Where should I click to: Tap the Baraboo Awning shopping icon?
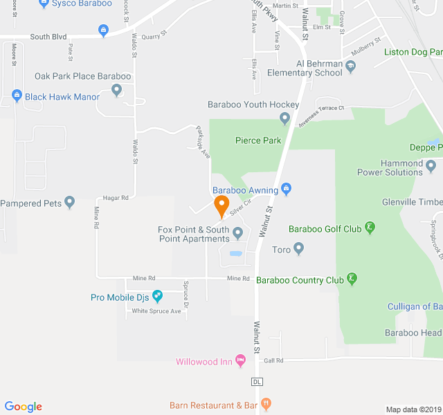click(x=287, y=189)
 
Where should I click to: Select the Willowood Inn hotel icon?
click(x=240, y=361)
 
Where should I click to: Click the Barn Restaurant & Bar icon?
click(x=266, y=405)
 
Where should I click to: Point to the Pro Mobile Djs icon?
click(x=157, y=297)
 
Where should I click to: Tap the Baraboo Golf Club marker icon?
click(x=370, y=228)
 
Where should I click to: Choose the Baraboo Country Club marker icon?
click(x=352, y=279)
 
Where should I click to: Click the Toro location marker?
click(x=298, y=248)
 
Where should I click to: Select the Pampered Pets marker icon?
click(x=69, y=203)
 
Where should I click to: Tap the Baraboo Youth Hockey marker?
click(x=284, y=118)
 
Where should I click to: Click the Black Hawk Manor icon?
click(x=17, y=96)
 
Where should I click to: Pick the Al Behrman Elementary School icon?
click(x=350, y=67)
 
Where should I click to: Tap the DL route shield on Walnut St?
click(x=257, y=381)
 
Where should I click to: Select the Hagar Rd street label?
click(x=116, y=198)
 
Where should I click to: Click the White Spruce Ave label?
click(x=156, y=311)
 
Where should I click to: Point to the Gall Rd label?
click(x=274, y=360)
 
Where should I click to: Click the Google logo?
click(x=24, y=407)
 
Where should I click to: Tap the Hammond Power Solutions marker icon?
click(x=431, y=166)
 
